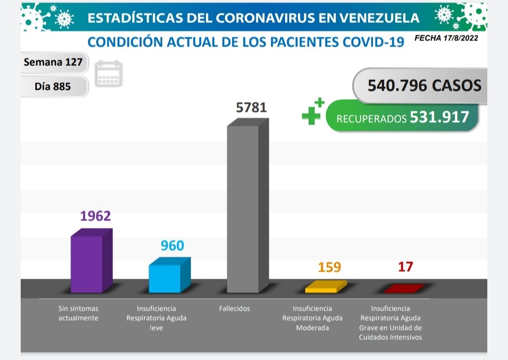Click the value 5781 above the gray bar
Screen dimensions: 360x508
point(251,108)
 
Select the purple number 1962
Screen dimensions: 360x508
point(95,216)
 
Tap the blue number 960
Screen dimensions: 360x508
point(172,245)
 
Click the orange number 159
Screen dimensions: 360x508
point(329,267)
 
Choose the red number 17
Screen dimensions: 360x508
point(405,266)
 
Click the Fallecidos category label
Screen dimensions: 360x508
point(234,309)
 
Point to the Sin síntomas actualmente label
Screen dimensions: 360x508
point(78,313)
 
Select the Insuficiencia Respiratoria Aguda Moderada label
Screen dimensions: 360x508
point(312,318)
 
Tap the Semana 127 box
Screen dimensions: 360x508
point(53,62)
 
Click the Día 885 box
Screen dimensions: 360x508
point(53,86)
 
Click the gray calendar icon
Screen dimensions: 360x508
point(109,74)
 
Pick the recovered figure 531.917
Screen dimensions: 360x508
point(439,117)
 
